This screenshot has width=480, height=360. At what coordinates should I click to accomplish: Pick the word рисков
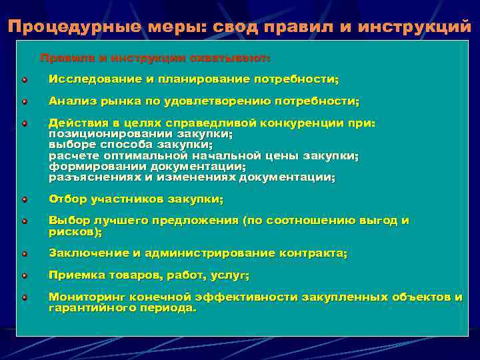coord(73,232)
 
